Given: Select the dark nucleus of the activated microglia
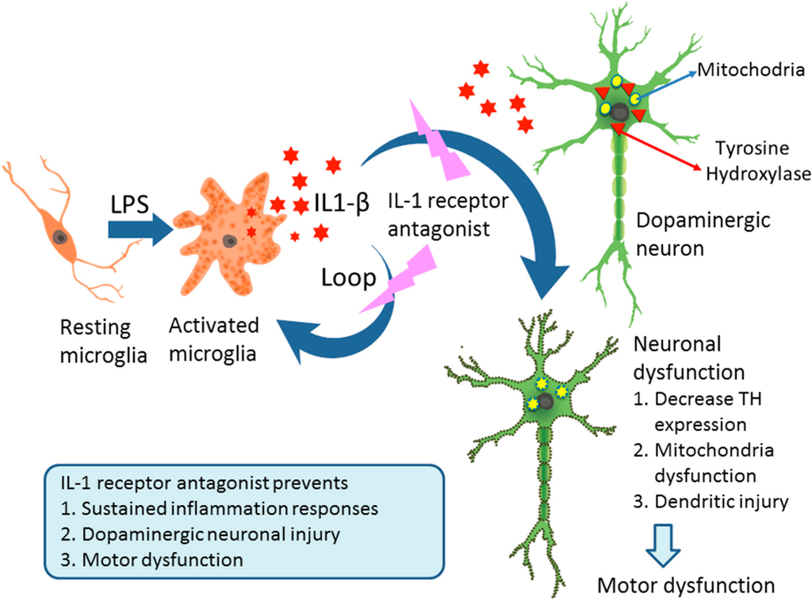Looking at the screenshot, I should coord(229,240).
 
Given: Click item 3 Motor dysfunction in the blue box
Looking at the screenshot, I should coord(151,559).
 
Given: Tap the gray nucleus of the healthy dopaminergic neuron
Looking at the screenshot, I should coord(621,116).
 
